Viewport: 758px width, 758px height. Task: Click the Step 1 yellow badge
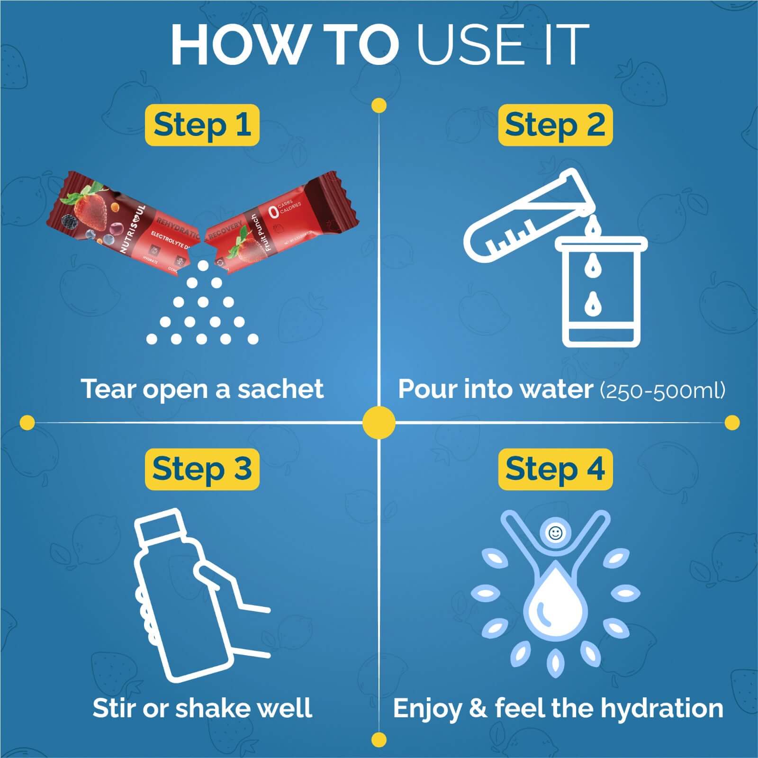point(202,125)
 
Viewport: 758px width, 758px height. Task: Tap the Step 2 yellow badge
point(555,125)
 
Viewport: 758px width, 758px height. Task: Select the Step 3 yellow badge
point(202,469)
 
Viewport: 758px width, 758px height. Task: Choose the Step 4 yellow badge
point(555,469)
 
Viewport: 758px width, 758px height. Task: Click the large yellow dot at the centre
point(379,422)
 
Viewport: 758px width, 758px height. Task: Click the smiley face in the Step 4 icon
point(555,533)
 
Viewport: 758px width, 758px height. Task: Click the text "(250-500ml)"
point(662,390)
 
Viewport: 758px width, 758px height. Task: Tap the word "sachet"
point(280,389)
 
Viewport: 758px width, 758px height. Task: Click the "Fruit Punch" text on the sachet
point(260,233)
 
